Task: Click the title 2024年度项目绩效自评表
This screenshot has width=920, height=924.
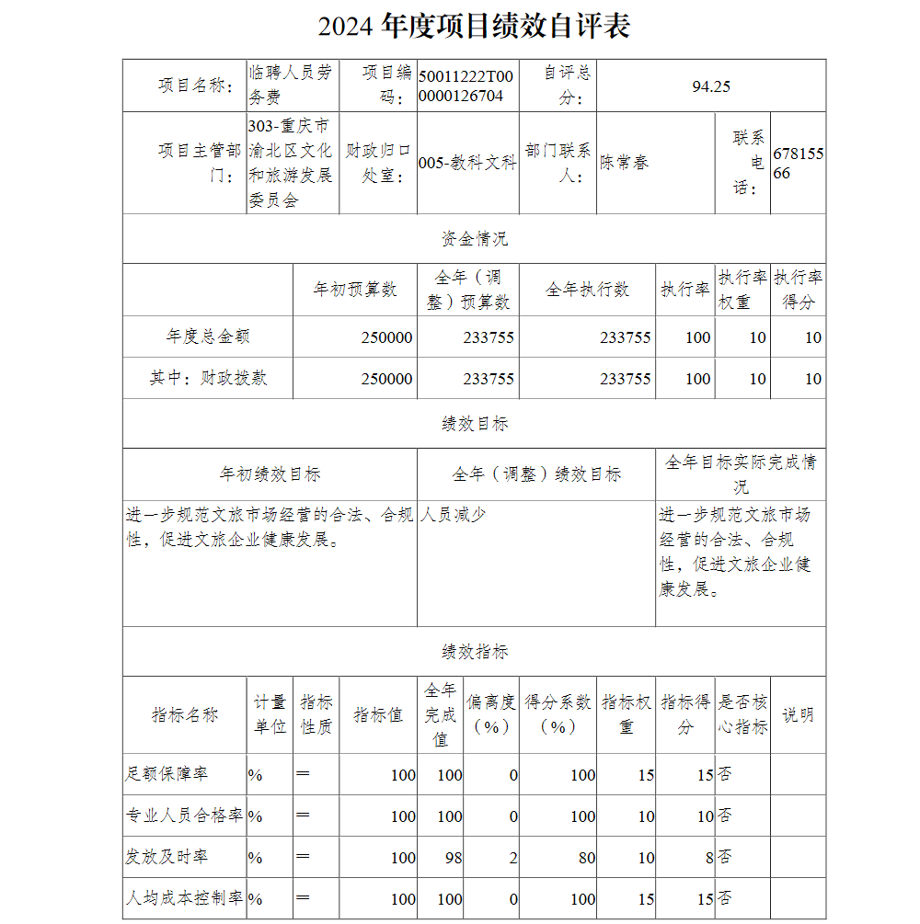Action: pyautogui.click(x=474, y=26)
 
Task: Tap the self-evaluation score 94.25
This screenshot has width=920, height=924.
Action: pyautogui.click(x=711, y=86)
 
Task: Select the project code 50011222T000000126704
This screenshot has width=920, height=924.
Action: pyautogui.click(x=466, y=86)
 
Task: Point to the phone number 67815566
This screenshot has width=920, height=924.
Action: pyautogui.click(x=798, y=163)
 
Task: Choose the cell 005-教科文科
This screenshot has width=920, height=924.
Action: pyautogui.click(x=467, y=163)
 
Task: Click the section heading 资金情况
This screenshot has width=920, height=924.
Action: pyautogui.click(x=474, y=239)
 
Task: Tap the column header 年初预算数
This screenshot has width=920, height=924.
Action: pyautogui.click(x=355, y=290)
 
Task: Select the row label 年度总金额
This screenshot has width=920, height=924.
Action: pyautogui.click(x=208, y=337)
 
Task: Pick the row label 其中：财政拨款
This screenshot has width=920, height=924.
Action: pyautogui.click(x=208, y=378)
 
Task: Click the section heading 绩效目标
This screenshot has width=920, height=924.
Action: pyautogui.click(x=474, y=424)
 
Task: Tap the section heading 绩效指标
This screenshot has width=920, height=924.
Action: pyautogui.click(x=474, y=652)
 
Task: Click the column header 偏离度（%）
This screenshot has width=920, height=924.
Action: pyautogui.click(x=490, y=714)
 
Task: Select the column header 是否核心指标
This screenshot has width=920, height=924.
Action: pyautogui.click(x=742, y=714)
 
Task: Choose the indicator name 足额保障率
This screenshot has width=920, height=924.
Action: pyautogui.click(x=167, y=774)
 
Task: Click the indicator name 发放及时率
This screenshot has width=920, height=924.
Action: pyautogui.click(x=167, y=857)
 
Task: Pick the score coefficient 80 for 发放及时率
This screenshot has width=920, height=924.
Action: pyautogui.click(x=582, y=858)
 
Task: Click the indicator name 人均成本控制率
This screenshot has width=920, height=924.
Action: pyautogui.click(x=184, y=898)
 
